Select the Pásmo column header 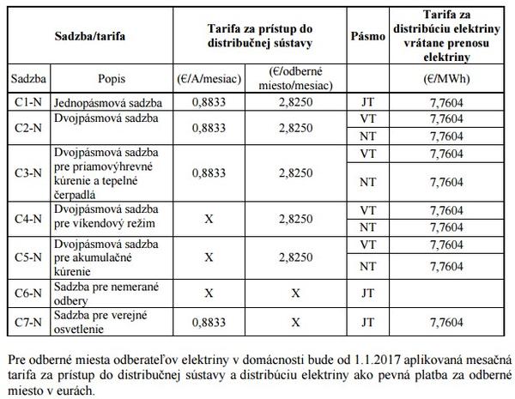click(367, 39)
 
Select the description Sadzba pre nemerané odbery click(97, 293)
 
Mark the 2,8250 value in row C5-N click(294, 257)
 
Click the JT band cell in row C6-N click(367, 293)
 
